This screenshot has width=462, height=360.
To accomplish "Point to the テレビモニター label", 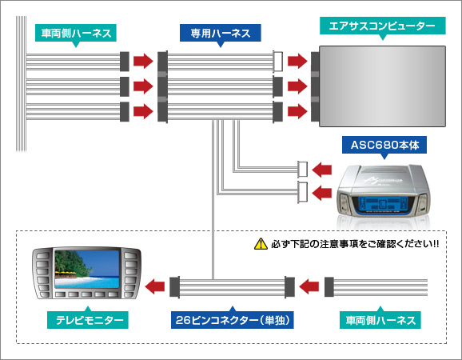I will pyautogui.click(x=87, y=321).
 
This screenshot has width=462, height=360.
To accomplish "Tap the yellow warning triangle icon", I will pyautogui.click(x=259, y=243).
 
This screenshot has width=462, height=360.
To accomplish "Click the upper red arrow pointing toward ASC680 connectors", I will pyautogui.click(x=322, y=169).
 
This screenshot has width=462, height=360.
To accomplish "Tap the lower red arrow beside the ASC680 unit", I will pyautogui.click(x=322, y=192).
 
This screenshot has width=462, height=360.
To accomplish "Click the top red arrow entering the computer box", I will pyautogui.click(x=298, y=60).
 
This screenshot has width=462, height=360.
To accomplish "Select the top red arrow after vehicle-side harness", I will pyautogui.click(x=142, y=60).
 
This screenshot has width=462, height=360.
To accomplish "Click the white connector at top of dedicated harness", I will pyautogui.click(x=278, y=60).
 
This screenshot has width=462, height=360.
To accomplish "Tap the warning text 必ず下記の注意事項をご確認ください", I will pyautogui.click(x=357, y=243).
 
